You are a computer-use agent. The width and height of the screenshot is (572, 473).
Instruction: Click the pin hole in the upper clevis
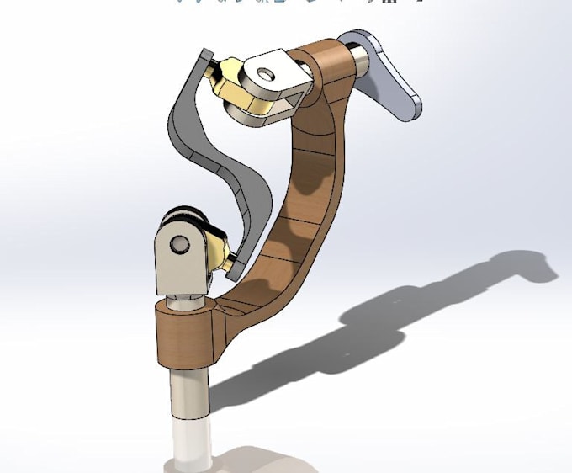[266, 75]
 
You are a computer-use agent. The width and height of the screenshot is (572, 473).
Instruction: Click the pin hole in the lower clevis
[178, 244]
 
